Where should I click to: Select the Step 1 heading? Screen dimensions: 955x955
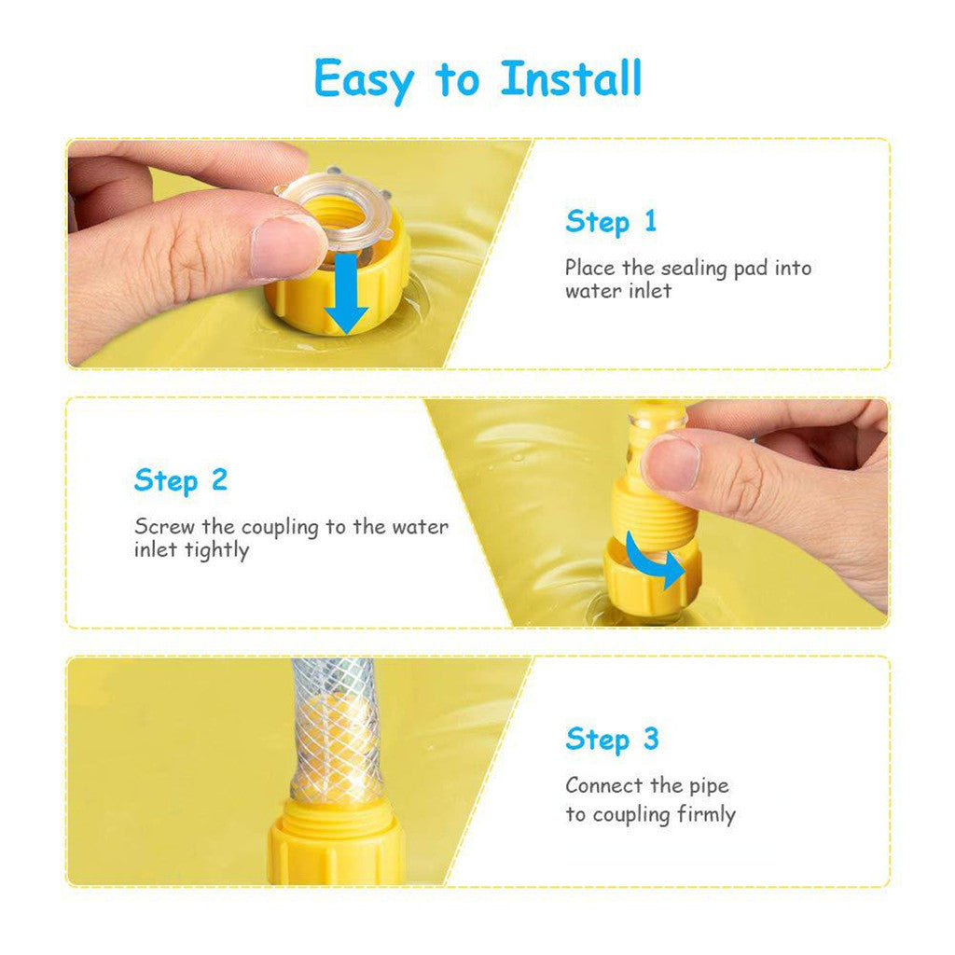[611, 222]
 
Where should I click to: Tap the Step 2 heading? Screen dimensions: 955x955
[181, 480]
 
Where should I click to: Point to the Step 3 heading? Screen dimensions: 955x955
[612, 739]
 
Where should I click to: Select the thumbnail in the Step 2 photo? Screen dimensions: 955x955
[671, 463]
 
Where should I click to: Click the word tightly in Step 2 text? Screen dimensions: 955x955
[216, 550]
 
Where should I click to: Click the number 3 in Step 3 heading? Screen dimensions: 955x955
[649, 739]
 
